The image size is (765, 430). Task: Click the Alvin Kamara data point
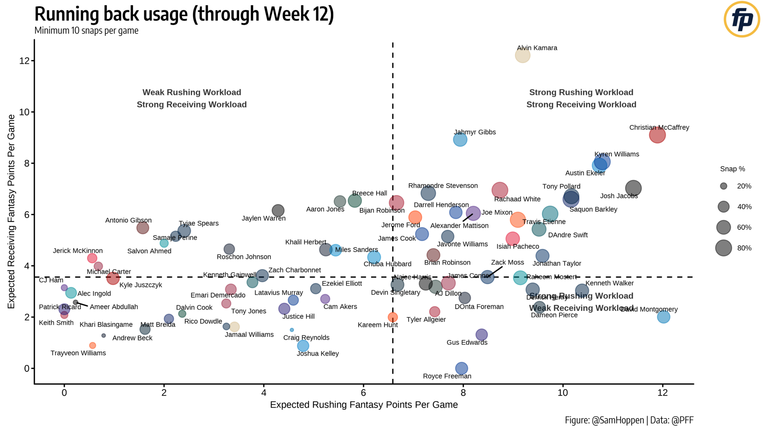tap(522, 55)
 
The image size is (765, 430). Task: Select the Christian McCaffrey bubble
tap(657, 135)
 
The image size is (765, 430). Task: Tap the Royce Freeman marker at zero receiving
tap(462, 368)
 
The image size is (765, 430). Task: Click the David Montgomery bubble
tap(663, 317)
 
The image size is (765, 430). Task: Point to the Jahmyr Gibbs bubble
tap(460, 140)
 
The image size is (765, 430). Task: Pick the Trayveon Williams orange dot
tap(93, 346)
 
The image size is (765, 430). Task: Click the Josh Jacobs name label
tap(619, 196)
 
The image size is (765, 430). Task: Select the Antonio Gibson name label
tap(128, 220)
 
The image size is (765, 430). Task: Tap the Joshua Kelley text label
tap(318, 353)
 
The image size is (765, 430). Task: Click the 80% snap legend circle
tap(724, 248)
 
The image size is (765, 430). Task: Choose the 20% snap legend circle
tap(724, 186)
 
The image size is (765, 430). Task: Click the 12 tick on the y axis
tap(24, 61)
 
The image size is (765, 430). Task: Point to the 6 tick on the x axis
tap(363, 393)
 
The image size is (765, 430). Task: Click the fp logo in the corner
tap(742, 19)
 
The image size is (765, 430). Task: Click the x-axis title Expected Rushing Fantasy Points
tap(363, 405)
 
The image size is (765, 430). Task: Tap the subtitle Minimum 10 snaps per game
tap(86, 31)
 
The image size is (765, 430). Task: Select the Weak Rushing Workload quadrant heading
tap(192, 92)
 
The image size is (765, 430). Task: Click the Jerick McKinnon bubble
tap(92, 258)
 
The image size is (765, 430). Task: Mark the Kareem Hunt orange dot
tap(393, 317)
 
